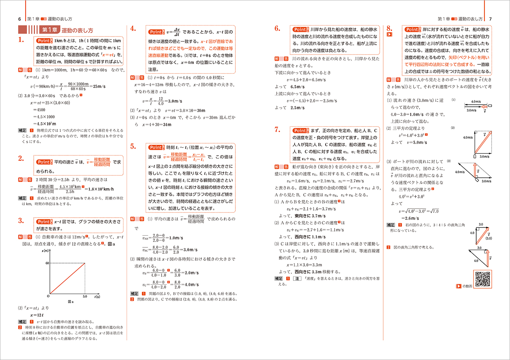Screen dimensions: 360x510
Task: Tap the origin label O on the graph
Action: pos(47,296)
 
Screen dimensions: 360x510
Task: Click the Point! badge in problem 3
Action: pos(43,222)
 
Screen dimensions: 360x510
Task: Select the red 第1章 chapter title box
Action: pos(50,29)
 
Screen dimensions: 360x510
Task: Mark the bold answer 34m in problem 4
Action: pos(167,125)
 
